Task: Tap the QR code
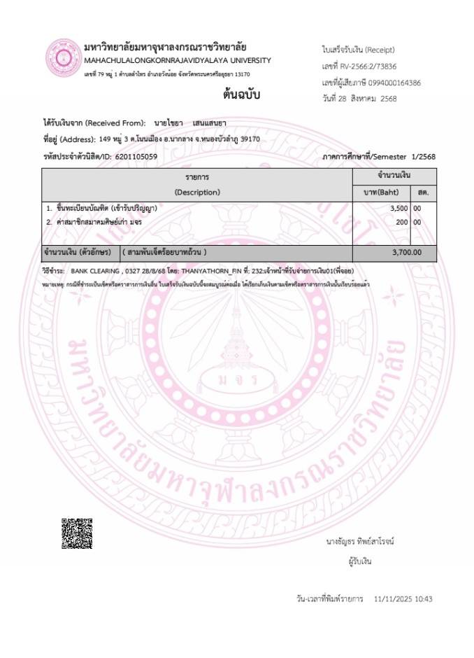(x=76, y=533)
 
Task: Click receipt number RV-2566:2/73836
(x=370, y=66)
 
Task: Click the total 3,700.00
(x=406, y=252)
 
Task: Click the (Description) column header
(x=197, y=192)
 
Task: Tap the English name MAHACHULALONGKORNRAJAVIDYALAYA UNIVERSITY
(x=177, y=60)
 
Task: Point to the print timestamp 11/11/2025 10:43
(x=403, y=599)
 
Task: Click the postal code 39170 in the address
(x=250, y=139)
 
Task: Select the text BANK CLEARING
(x=97, y=270)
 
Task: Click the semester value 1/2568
(x=421, y=156)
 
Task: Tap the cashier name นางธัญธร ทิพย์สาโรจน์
(x=364, y=541)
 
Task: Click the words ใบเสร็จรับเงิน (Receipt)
(x=359, y=50)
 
